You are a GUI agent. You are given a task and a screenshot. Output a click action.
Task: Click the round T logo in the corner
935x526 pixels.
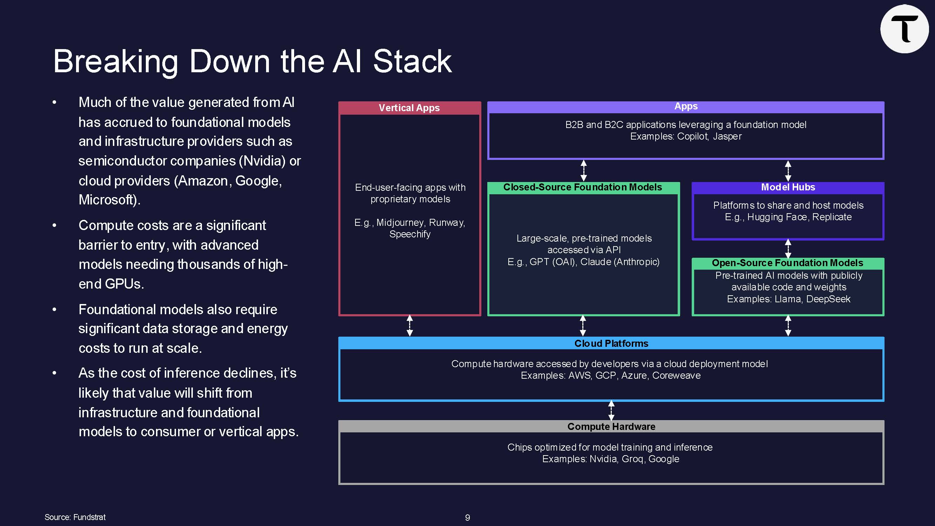904,29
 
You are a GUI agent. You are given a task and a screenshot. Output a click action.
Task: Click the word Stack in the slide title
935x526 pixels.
412,61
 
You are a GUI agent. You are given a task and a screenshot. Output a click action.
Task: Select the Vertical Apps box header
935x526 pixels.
409,108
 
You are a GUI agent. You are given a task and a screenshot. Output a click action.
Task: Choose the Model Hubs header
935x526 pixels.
788,187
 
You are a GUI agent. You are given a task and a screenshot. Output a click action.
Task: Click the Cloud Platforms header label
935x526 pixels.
611,343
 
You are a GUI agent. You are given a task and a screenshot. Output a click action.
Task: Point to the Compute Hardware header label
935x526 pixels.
611,426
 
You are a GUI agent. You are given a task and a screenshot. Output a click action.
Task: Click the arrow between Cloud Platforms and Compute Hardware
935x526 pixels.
611,411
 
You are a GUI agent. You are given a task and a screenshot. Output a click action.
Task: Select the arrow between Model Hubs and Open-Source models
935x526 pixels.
788,249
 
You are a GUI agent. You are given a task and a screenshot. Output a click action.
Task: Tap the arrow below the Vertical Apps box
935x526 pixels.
410,326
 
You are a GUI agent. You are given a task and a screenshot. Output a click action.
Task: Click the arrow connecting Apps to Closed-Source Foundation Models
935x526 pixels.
584,171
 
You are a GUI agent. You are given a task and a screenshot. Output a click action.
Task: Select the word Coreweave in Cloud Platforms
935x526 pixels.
676,375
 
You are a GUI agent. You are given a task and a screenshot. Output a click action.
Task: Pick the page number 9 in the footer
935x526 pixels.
468,518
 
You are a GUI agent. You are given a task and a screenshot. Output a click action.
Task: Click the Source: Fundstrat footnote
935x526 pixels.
75,517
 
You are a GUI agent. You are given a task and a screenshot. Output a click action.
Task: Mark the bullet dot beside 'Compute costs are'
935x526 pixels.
54,225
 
